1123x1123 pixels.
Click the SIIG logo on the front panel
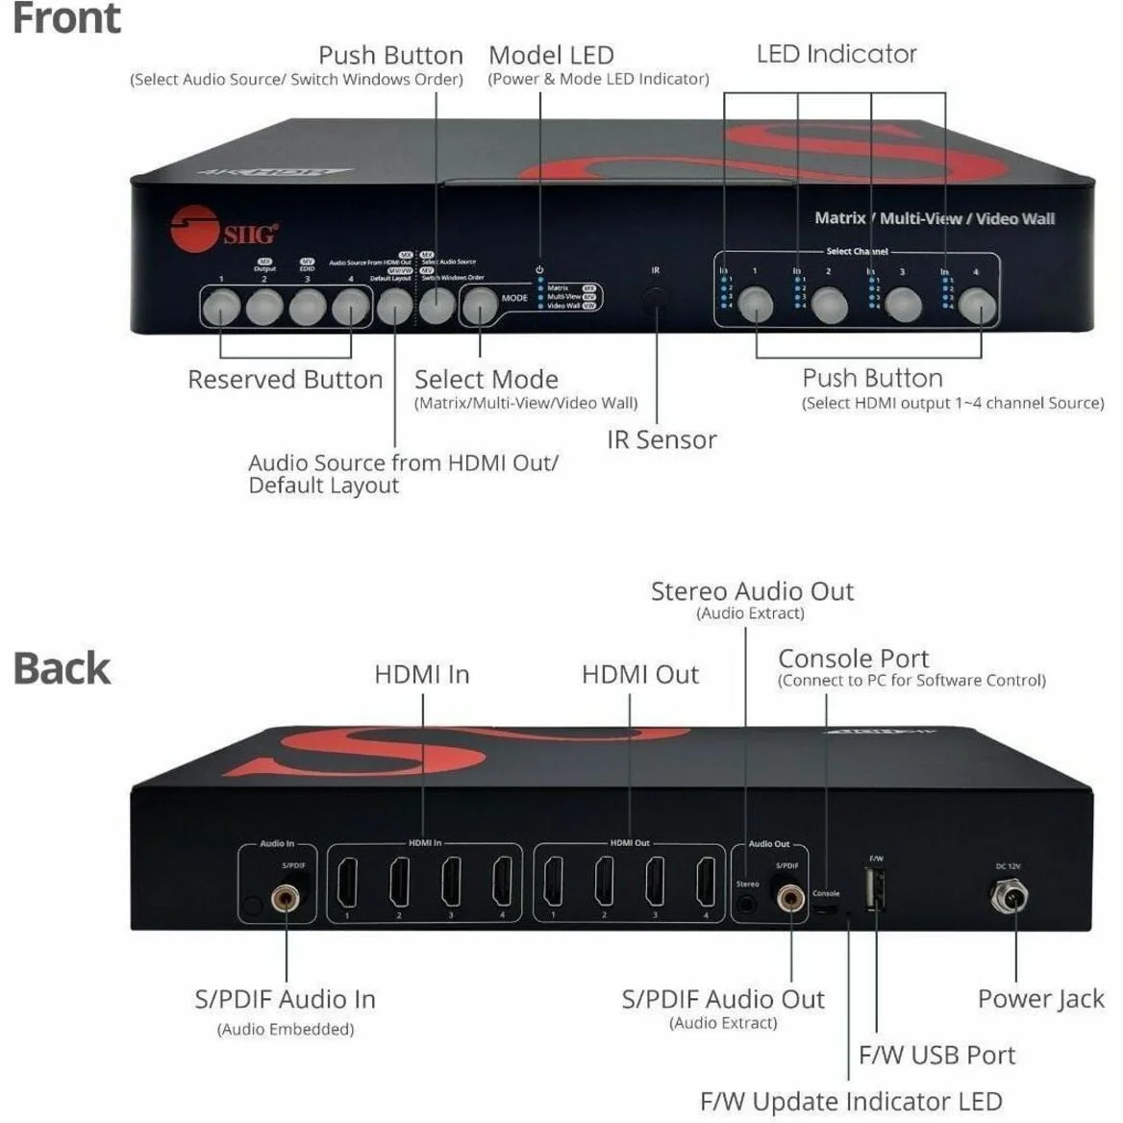coord(223,230)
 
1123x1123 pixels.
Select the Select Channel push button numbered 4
coord(978,306)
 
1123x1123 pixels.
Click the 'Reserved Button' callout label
coord(285,380)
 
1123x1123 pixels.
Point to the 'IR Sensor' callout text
coord(661,439)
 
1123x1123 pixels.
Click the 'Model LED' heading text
coord(551,55)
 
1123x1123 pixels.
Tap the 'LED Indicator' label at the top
coord(836,54)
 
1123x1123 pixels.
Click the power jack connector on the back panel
coord(1009,898)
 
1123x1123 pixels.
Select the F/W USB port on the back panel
coord(876,889)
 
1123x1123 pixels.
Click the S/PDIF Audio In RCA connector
coord(285,900)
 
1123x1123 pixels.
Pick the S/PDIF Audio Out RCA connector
coord(790,899)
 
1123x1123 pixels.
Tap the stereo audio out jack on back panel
coord(746,903)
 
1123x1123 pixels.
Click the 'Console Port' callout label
coord(853,659)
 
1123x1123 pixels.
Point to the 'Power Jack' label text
coord(1040,999)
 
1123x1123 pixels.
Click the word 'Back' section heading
coord(62,668)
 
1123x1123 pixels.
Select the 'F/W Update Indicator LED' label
coord(851,1101)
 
